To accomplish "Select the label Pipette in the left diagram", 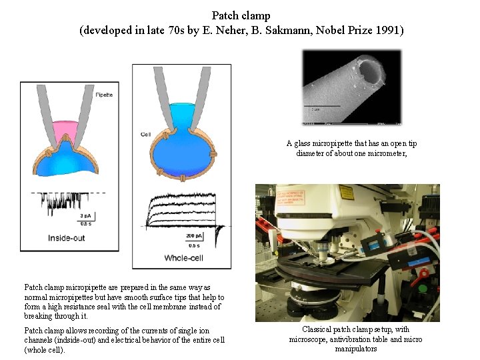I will tap(104, 95).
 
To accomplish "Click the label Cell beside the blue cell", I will tap(145, 134).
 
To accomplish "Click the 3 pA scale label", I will tap(86, 215).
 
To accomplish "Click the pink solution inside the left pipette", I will tap(67, 128).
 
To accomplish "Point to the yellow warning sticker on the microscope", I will tap(347, 192).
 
